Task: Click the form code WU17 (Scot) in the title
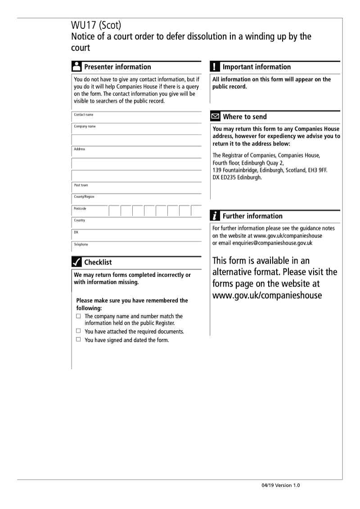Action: (95, 26)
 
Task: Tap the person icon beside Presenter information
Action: (76, 67)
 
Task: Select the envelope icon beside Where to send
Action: (216, 117)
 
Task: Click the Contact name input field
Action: (136, 118)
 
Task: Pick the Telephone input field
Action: (136, 247)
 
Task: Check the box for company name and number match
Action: (78, 316)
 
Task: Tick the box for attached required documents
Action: (78, 331)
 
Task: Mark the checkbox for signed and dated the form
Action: (78, 340)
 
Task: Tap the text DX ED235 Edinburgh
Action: (237, 177)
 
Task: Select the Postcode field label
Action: (80, 209)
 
